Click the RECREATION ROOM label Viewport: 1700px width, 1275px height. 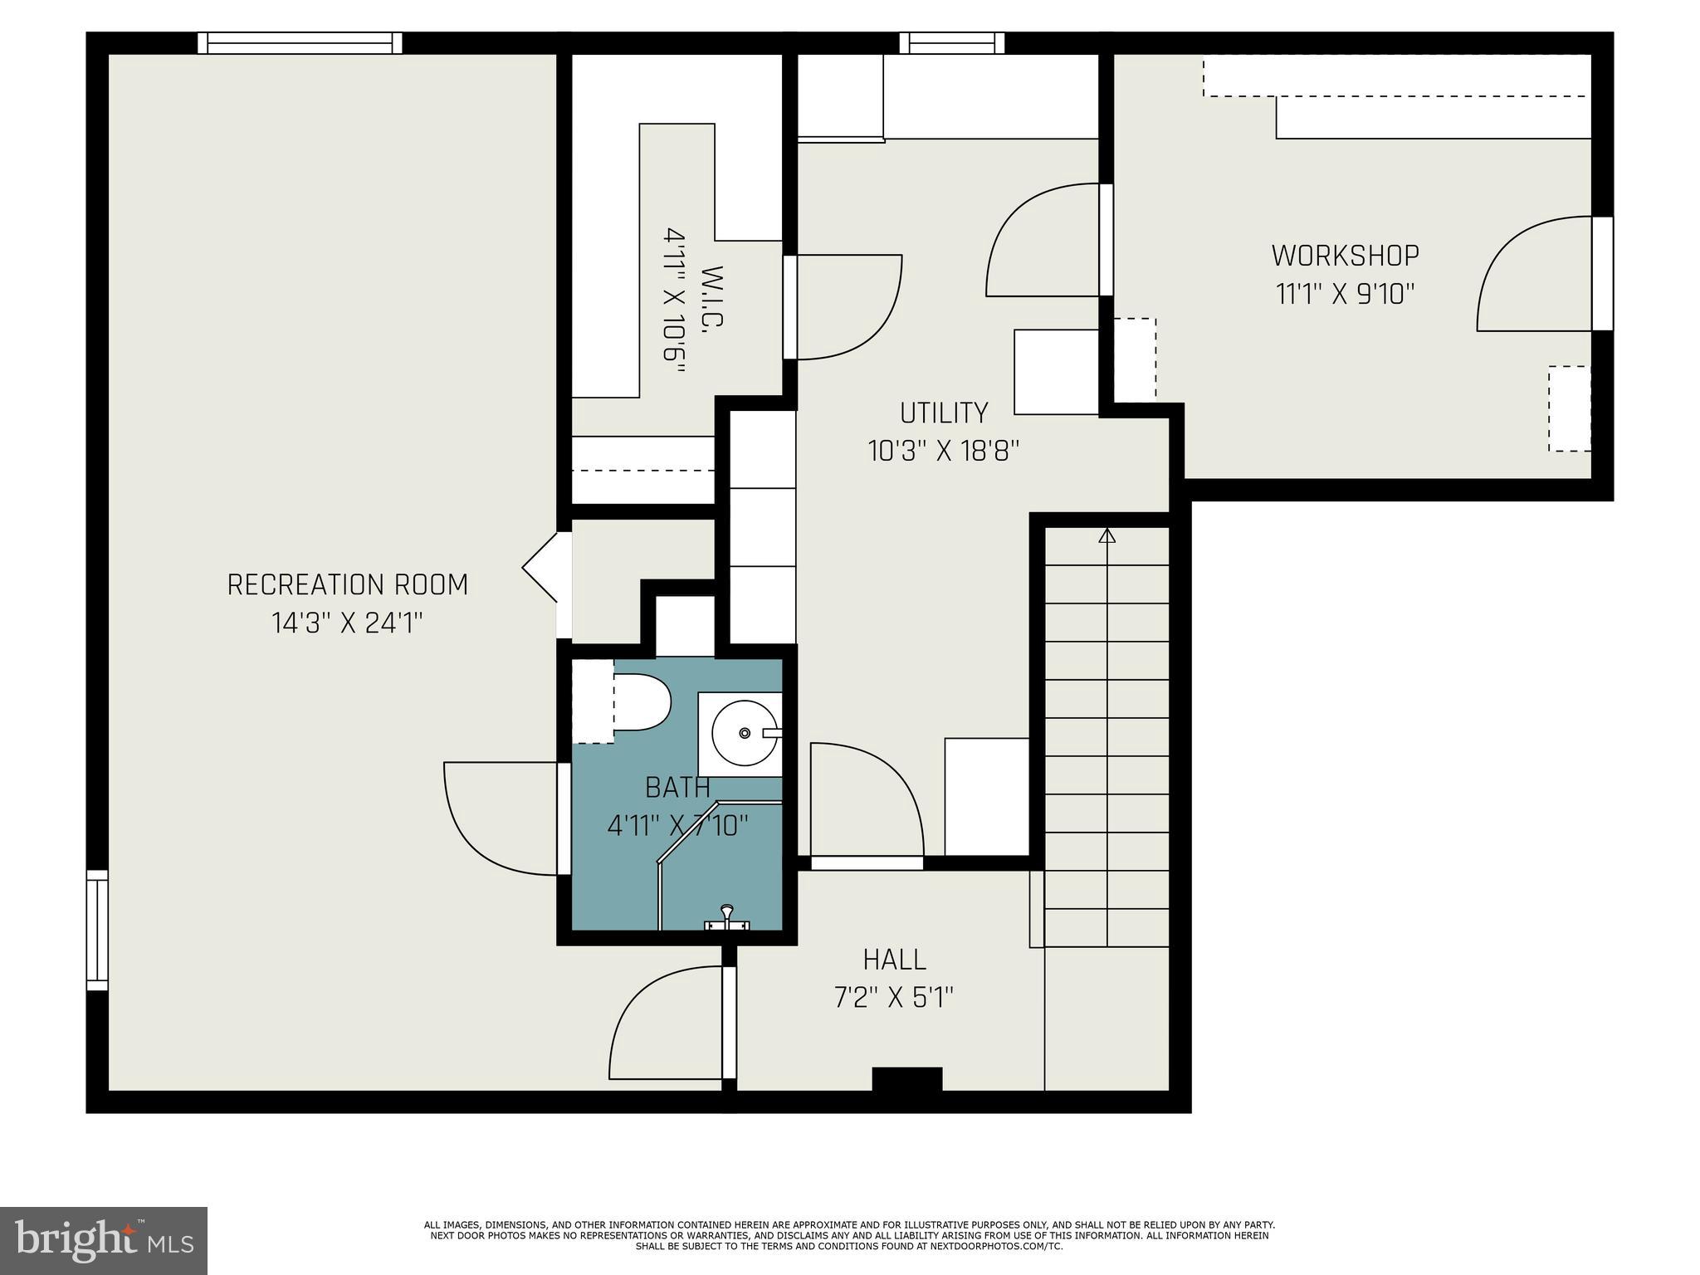(x=348, y=585)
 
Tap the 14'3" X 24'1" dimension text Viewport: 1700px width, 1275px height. (x=348, y=623)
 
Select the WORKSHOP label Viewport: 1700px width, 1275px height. (x=1346, y=256)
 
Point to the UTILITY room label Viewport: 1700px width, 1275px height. (x=944, y=413)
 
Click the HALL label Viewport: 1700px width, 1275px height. (x=895, y=960)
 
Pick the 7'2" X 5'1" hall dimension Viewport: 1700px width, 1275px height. (x=894, y=997)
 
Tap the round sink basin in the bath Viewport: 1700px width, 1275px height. (x=745, y=733)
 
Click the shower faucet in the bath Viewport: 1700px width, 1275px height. (x=726, y=918)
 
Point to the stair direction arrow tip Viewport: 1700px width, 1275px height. (x=1106, y=530)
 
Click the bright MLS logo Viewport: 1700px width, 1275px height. (x=104, y=1241)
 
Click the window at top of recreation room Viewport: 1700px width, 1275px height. (x=300, y=43)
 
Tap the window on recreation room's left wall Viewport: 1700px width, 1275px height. (x=97, y=930)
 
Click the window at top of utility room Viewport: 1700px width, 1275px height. (x=951, y=43)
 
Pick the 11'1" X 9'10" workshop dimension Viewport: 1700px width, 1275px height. (x=1345, y=294)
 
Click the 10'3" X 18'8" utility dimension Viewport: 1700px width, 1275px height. (x=944, y=451)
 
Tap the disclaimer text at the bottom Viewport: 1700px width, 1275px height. (x=849, y=1235)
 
